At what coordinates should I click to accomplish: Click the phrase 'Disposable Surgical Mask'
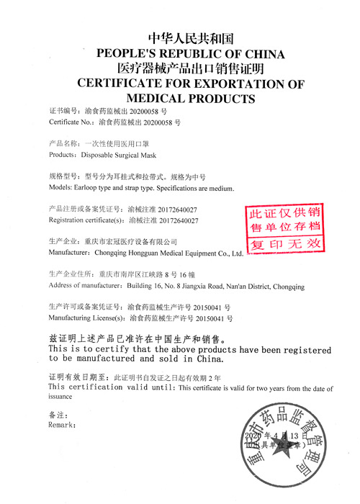click(x=118, y=155)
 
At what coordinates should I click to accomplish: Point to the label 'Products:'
click(x=63, y=155)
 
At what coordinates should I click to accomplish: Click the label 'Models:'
click(x=61, y=189)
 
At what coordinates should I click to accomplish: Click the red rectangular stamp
click(x=284, y=228)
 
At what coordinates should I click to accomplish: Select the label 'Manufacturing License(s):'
click(x=86, y=318)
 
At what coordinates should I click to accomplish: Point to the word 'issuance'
click(x=61, y=396)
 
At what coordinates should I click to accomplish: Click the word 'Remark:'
click(x=62, y=425)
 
